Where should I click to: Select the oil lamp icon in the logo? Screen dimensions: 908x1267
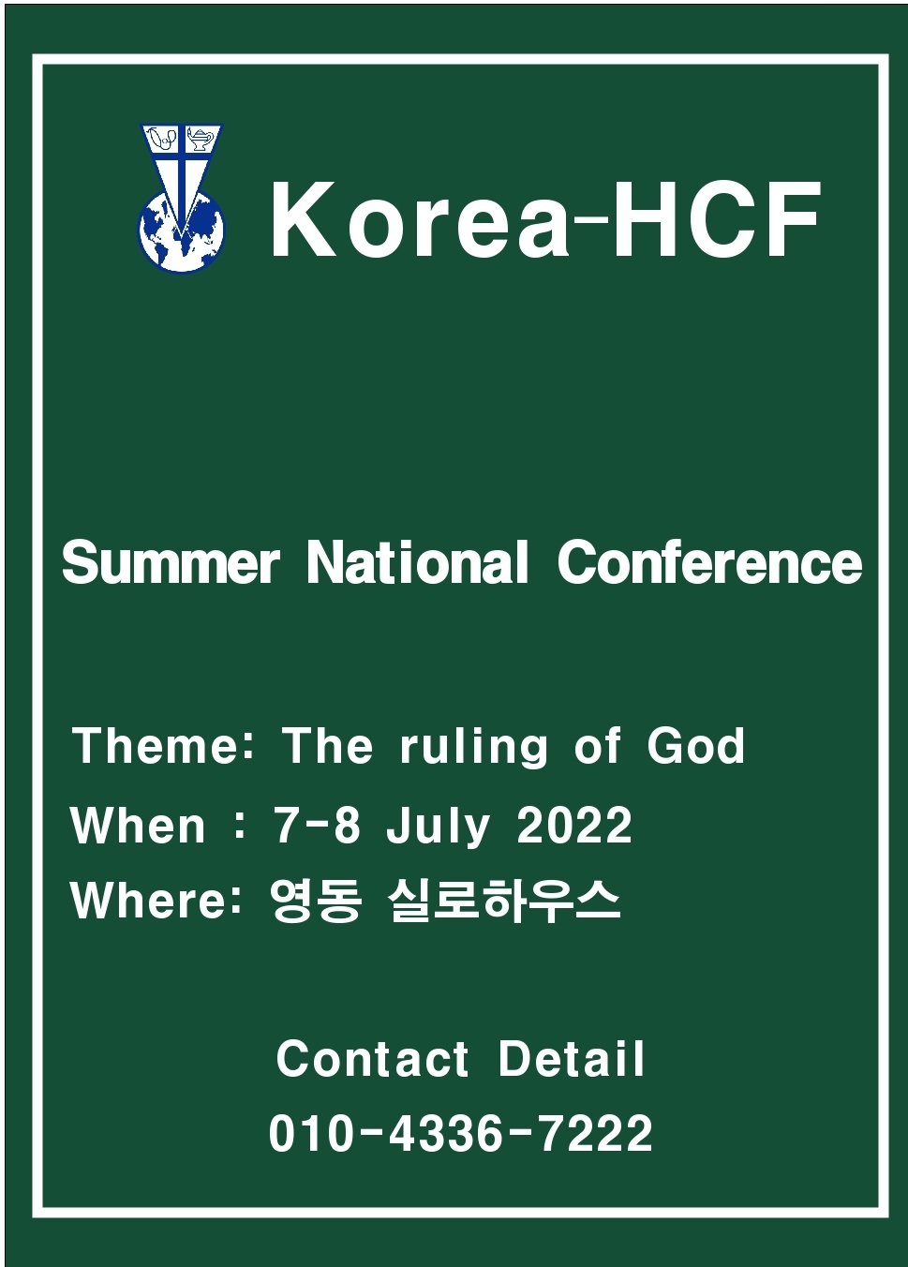pos(201,139)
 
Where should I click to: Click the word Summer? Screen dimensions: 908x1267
pos(171,561)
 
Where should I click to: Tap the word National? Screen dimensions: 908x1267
pos(418,561)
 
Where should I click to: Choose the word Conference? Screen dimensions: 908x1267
pos(710,561)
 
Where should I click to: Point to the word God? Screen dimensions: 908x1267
pos(696,746)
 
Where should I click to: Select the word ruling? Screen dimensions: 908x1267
pos(473,748)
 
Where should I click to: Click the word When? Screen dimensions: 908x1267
pos(138,826)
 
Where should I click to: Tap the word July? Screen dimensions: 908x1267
pos(438,828)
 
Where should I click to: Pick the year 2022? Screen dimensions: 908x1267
pos(574,826)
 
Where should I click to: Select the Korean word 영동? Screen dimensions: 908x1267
pos(315,902)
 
